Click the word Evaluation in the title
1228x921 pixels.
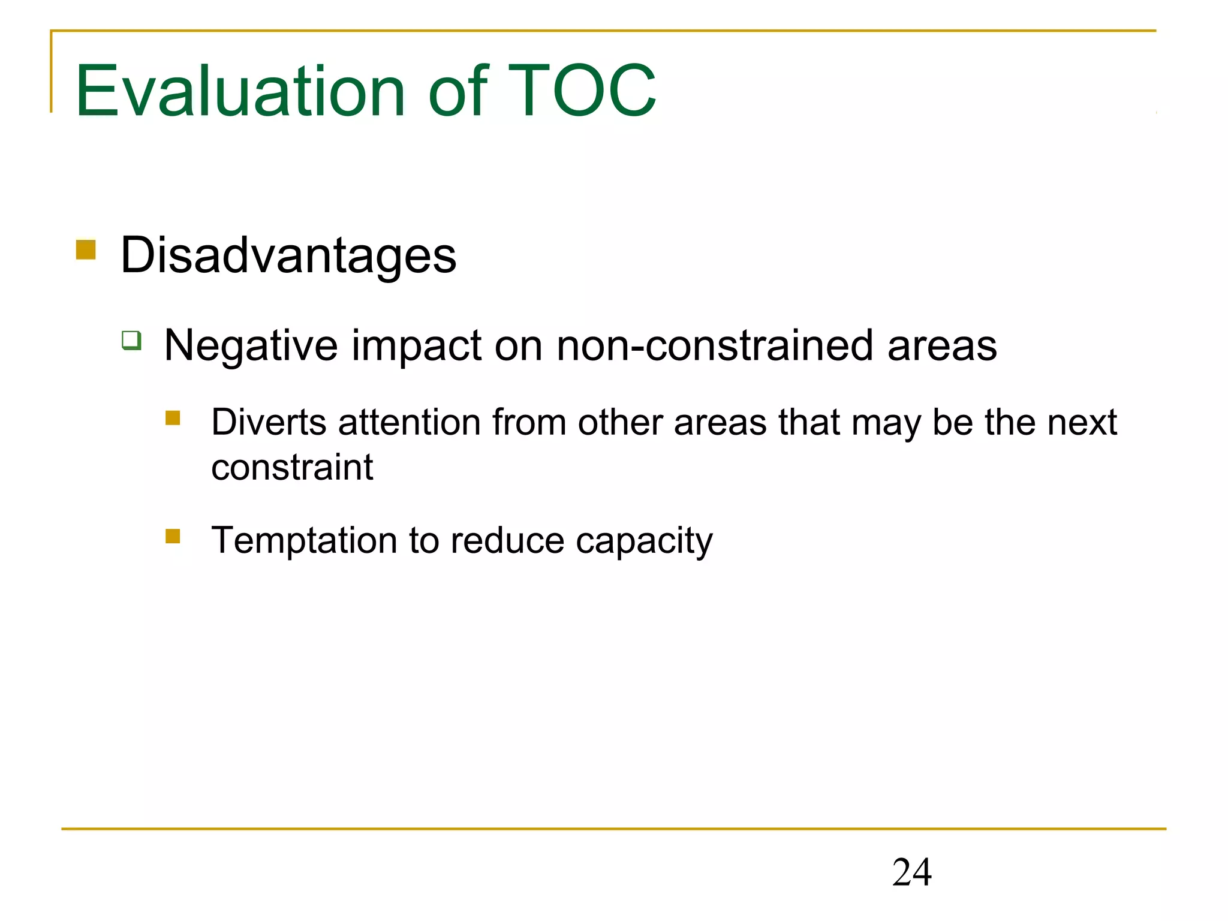click(240, 91)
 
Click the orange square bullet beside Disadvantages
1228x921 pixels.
click(86, 249)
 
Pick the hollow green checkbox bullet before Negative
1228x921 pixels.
click(131, 340)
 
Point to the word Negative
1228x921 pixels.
click(251, 346)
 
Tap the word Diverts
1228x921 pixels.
click(269, 422)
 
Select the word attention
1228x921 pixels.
click(410, 422)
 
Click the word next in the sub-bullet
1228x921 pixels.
click(1082, 422)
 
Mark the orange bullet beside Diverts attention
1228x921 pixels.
click(173, 417)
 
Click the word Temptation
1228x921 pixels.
click(304, 540)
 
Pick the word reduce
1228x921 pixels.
click(507, 540)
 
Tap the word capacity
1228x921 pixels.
click(644, 541)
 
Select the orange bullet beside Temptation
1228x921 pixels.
click(173, 535)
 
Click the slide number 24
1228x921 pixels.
click(911, 872)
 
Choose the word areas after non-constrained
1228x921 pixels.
click(942, 346)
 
